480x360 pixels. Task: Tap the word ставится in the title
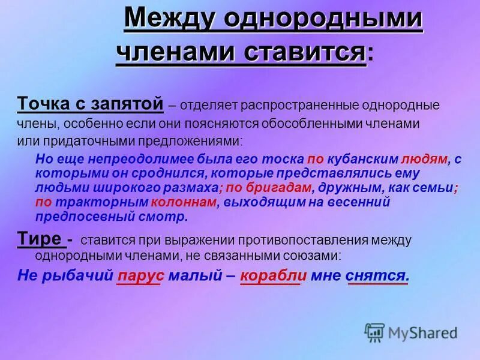[305, 53]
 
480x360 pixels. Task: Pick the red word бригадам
[271, 188]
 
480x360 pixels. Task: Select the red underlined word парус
[141, 276]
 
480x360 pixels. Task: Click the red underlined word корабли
[274, 276]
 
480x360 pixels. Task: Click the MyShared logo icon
[374, 331]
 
